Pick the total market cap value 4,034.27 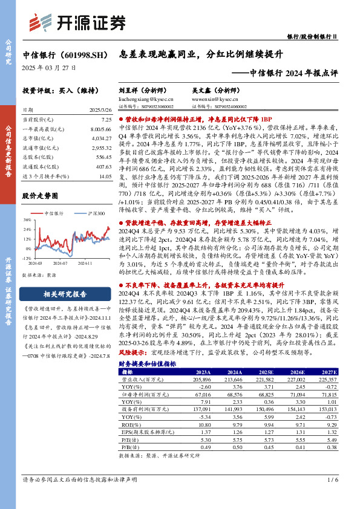point(102,138)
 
